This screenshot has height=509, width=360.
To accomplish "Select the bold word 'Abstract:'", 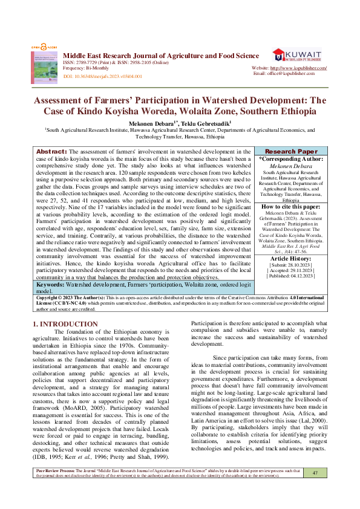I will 51,151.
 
